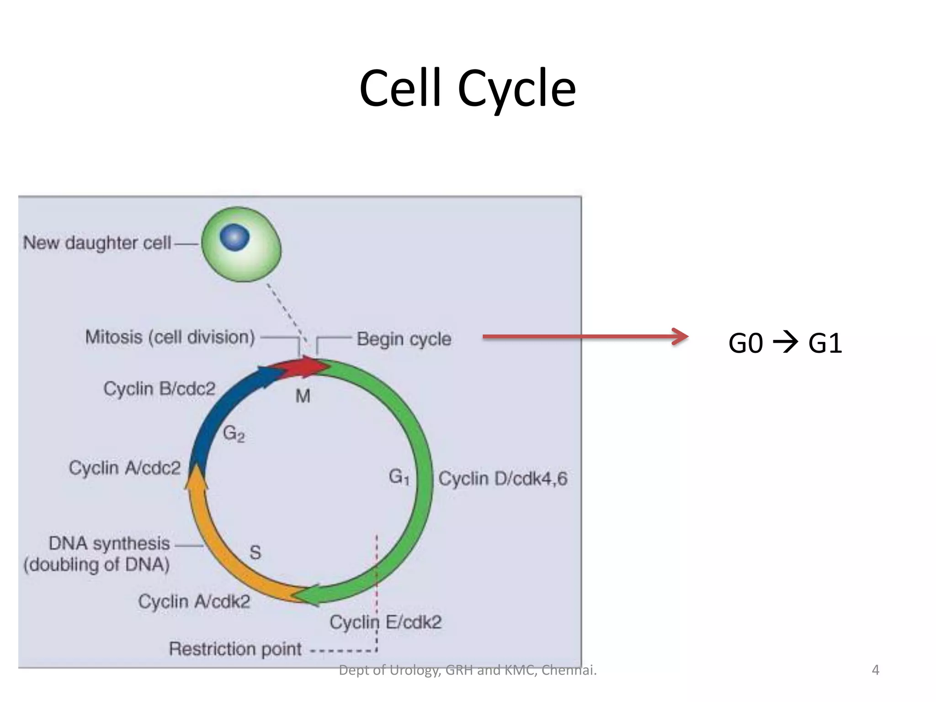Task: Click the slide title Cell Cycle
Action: (x=467, y=88)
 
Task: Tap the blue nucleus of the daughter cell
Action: (x=234, y=237)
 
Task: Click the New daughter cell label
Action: (x=97, y=243)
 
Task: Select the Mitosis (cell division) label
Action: (x=170, y=337)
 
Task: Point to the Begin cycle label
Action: (x=404, y=339)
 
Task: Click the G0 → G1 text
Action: (x=785, y=343)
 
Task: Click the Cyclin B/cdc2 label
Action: (x=159, y=389)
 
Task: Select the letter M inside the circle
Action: (x=303, y=396)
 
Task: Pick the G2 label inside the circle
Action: (x=234, y=433)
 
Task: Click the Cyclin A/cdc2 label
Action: (x=125, y=468)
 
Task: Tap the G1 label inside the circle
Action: (x=399, y=477)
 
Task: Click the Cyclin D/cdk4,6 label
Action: (x=503, y=479)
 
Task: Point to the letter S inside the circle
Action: (x=255, y=553)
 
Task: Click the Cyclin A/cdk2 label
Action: (x=194, y=601)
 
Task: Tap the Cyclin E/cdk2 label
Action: (x=386, y=622)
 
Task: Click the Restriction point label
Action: (x=235, y=649)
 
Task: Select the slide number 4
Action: (x=875, y=670)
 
